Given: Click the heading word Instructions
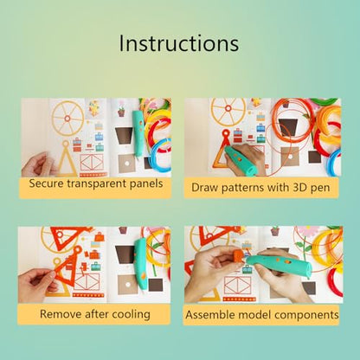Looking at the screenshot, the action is coord(179,43).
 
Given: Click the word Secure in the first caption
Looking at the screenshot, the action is coord(47,183).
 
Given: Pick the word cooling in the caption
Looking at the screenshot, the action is coord(131,314).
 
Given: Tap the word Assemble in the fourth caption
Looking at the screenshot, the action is coord(207,314).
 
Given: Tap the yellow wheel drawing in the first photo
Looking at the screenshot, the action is coord(67,118).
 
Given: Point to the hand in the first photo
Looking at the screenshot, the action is coord(37,165).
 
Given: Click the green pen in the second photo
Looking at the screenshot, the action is coord(241,161).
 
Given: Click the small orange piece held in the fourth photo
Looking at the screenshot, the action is coord(239,256).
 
